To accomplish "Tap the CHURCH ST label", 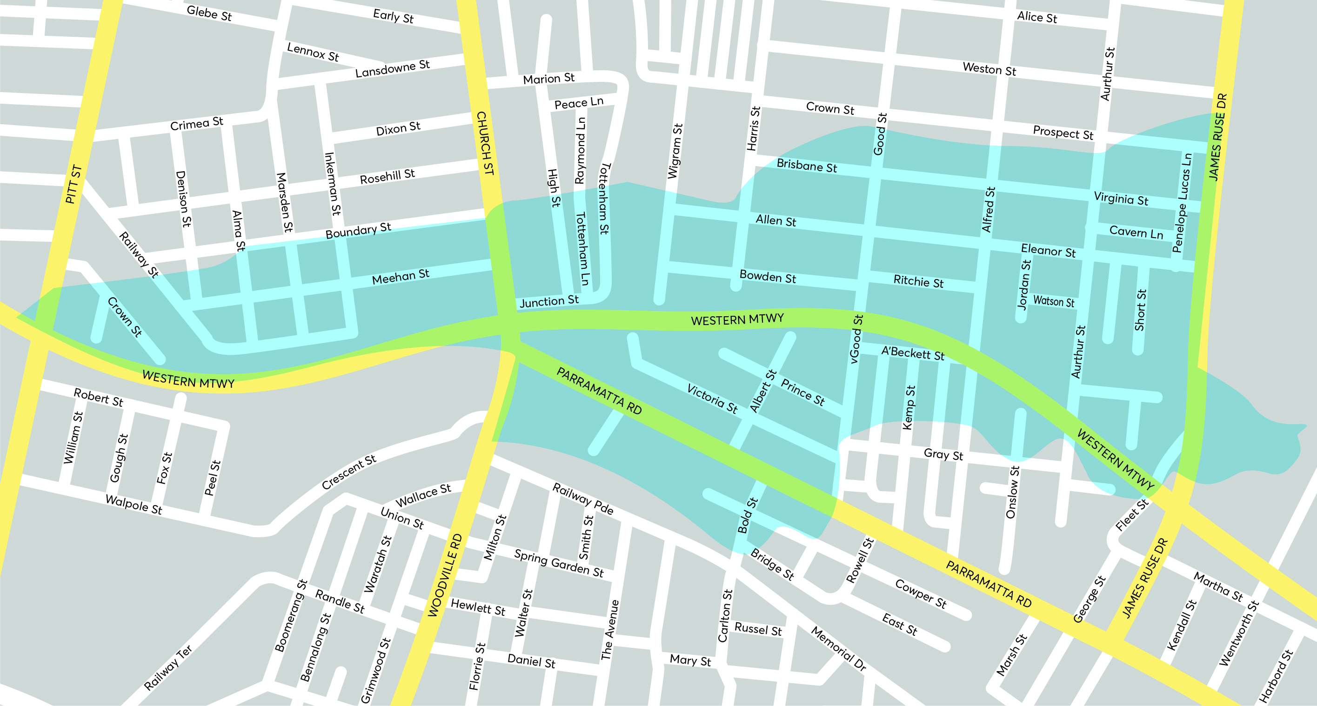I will [x=484, y=144].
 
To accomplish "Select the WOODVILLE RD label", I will [x=444, y=575].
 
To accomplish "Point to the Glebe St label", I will [x=209, y=13].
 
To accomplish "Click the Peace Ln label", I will [x=579, y=103].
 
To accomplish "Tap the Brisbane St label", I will [x=806, y=166].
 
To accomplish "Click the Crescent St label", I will [x=349, y=472].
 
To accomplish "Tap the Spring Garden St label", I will [x=559, y=563].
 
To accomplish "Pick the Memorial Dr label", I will [x=838, y=648].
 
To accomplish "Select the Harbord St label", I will [x=1275, y=676].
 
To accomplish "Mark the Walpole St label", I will [x=134, y=504].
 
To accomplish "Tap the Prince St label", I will [x=802, y=393].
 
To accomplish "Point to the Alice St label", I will [x=1037, y=17].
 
